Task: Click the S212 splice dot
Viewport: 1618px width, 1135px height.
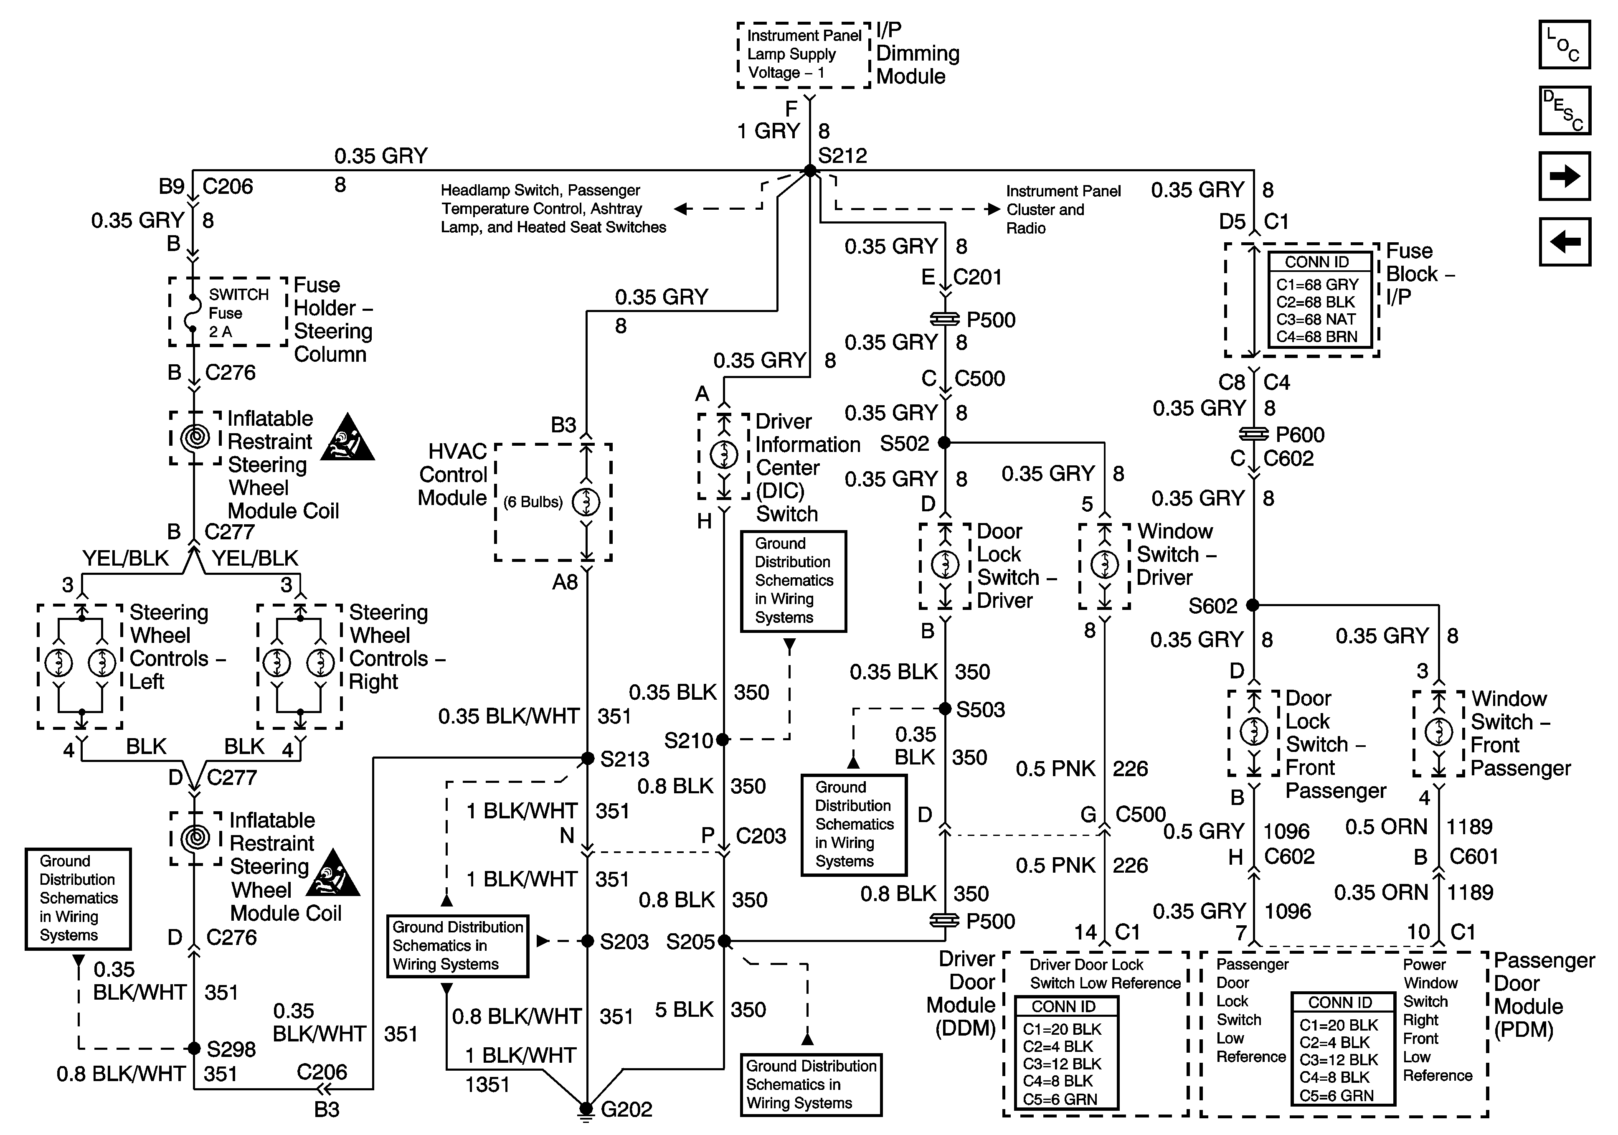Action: pyautogui.click(x=810, y=170)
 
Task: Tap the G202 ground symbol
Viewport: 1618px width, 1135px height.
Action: pyautogui.click(x=586, y=1109)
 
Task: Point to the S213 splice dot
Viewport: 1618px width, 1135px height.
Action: pyautogui.click(x=587, y=759)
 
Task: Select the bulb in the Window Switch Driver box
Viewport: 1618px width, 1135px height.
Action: pyautogui.click(x=1104, y=564)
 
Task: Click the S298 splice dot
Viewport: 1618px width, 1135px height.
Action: pyautogui.click(x=194, y=1048)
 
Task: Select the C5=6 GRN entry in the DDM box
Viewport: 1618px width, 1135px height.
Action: pyautogui.click(x=1060, y=1099)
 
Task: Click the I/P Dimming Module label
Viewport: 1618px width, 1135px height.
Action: pyautogui.click(x=918, y=53)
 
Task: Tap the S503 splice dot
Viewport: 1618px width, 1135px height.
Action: pyautogui.click(x=945, y=708)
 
